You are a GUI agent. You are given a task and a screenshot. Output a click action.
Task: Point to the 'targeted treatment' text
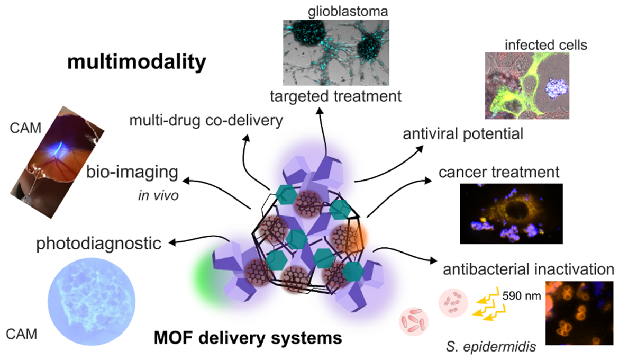[335, 97]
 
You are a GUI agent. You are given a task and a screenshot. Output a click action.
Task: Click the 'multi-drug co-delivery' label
[206, 121]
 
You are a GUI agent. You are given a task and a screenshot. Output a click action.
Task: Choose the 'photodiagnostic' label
[98, 244]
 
